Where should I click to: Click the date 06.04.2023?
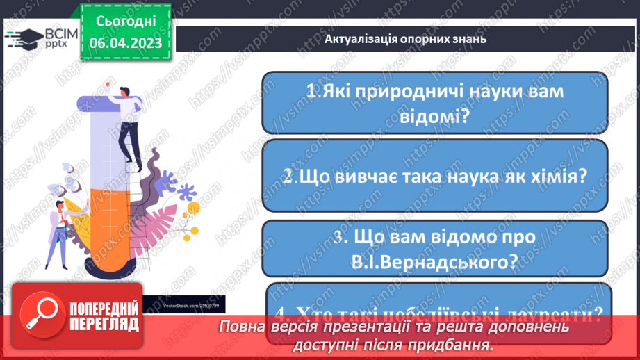125,42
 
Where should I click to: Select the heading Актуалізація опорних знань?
405,39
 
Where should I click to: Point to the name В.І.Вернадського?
435,262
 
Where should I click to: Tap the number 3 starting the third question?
338,237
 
